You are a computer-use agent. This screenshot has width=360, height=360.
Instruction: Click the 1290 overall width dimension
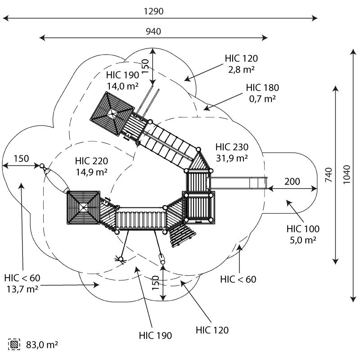pyautogui.click(x=153, y=11)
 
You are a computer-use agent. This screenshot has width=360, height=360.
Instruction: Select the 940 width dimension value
pyautogui.click(x=153, y=31)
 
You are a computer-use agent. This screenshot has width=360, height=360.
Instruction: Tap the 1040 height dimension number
pyautogui.click(x=346, y=175)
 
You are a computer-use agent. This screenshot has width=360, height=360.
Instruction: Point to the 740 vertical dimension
pyautogui.click(x=328, y=175)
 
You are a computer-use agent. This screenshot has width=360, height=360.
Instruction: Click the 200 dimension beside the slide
pyautogui.click(x=292, y=181)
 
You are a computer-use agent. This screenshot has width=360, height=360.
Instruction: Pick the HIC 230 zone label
pyautogui.click(x=232, y=147)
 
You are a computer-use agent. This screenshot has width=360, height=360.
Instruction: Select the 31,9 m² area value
pyautogui.click(x=232, y=158)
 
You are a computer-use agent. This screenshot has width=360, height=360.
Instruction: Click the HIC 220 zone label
pyautogui.click(x=91, y=161)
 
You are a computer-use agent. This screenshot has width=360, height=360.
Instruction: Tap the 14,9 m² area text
pyautogui.click(x=91, y=172)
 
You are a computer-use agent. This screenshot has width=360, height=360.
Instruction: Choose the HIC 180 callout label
pyautogui.click(x=262, y=87)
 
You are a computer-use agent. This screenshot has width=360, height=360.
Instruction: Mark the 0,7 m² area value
pyautogui.click(x=262, y=99)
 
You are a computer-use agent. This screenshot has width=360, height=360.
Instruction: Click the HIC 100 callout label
pyautogui.click(x=303, y=229)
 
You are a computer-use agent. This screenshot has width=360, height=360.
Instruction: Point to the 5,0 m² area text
pyautogui.click(x=303, y=240)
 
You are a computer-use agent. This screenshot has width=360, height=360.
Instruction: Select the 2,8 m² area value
pyautogui.click(x=241, y=69)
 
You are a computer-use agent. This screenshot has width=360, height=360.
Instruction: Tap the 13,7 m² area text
pyautogui.click(x=22, y=289)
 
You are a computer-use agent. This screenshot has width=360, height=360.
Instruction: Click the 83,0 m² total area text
pyautogui.click(x=42, y=345)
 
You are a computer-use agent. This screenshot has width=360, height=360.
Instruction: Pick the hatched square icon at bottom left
pyautogui.click(x=14, y=344)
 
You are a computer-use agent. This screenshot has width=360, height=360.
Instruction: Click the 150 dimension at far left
pyautogui.click(x=21, y=158)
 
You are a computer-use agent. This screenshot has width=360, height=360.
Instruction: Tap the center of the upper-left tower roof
pyautogui.click(x=112, y=113)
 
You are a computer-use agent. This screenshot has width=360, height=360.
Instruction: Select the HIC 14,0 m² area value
pyautogui.click(x=122, y=86)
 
